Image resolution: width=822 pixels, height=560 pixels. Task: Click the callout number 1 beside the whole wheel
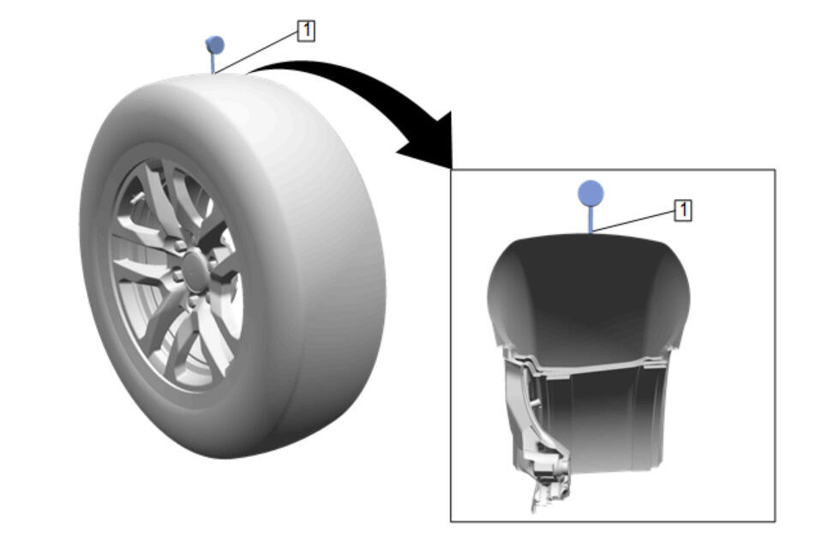pos(306,30)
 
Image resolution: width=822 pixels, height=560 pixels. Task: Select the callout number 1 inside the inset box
pos(682,210)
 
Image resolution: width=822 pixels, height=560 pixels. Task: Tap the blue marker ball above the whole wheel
pos(215,45)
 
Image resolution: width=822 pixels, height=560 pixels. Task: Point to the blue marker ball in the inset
pos(591,194)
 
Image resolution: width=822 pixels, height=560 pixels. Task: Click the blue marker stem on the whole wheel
pos(213,63)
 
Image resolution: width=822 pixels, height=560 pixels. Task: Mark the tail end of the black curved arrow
pos(249,72)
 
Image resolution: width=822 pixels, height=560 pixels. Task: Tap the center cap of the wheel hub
pos(196,271)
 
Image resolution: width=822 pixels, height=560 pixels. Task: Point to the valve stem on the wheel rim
pos(138,198)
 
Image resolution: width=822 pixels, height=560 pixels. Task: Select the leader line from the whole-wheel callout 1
pos(256,52)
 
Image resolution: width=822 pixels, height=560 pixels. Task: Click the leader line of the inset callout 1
pos(633,220)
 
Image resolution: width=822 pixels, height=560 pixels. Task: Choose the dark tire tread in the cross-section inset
pos(589,283)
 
